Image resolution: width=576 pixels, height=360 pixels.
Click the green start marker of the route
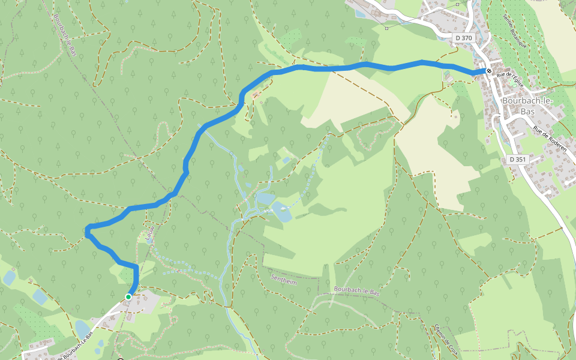(128, 296)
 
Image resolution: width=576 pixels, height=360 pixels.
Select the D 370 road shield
(463, 38)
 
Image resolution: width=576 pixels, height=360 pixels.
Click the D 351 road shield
(517, 160)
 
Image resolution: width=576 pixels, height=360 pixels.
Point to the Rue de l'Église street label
(510, 79)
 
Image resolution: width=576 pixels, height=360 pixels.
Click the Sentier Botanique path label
(515, 32)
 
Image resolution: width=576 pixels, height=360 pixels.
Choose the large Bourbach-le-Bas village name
(520, 107)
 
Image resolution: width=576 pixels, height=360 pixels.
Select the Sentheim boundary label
(284, 280)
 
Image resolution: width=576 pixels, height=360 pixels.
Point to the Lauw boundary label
(150, 233)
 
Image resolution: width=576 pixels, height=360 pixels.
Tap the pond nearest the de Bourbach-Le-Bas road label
(82, 329)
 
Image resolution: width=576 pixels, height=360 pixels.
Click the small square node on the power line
(387, 28)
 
